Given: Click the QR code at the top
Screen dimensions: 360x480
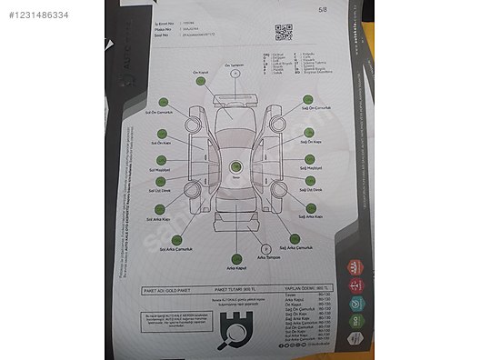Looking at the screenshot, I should pos(284,31).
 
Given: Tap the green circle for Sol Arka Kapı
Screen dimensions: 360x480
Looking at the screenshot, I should pos(159,211).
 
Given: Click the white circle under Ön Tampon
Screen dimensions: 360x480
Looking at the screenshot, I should pos(235,75).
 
